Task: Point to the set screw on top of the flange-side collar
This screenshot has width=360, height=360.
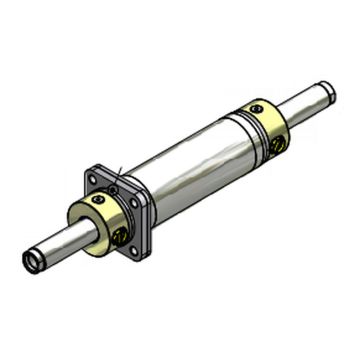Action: point(97,200)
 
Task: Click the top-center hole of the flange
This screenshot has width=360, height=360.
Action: point(113,188)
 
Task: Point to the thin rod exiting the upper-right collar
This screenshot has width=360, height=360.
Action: point(305,103)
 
